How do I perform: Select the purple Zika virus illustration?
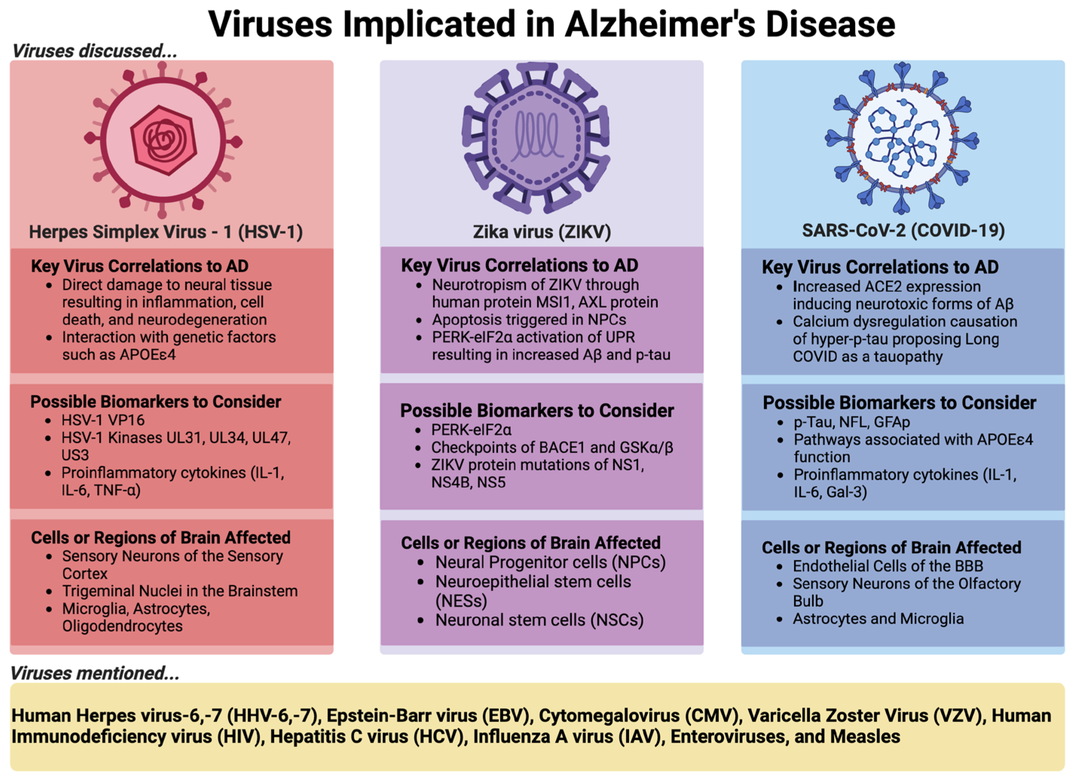[x=536, y=138]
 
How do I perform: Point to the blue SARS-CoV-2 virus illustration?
[x=902, y=138]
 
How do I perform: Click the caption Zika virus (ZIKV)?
[x=542, y=232]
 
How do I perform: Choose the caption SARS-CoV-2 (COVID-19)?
[x=903, y=231]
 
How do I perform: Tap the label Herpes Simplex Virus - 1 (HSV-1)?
[x=166, y=232]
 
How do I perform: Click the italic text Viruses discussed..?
[x=95, y=51]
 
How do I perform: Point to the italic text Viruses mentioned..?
[x=95, y=673]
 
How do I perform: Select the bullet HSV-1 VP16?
[x=102, y=420]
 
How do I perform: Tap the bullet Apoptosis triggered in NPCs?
[x=529, y=320]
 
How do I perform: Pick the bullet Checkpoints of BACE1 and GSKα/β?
[x=552, y=448]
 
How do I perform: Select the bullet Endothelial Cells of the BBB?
[x=888, y=566]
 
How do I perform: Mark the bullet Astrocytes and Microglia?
[x=878, y=619]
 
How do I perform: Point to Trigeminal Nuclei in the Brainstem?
[x=179, y=591]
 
